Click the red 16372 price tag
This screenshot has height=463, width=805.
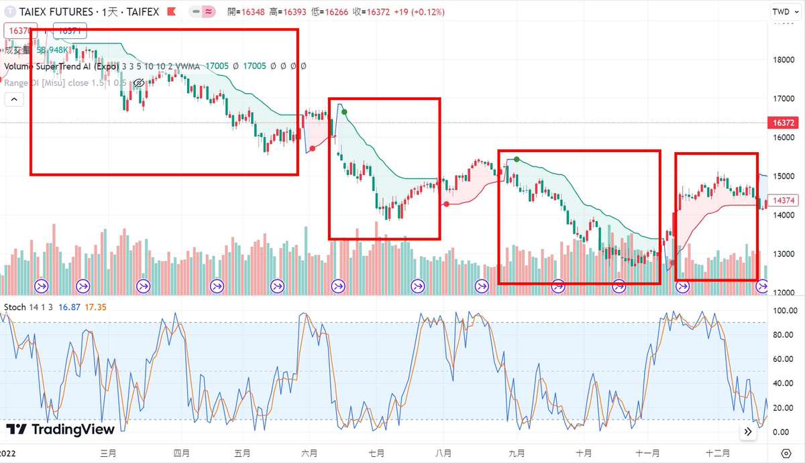point(783,123)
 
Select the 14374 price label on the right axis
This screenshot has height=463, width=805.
point(783,200)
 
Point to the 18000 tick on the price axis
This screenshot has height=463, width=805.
point(783,60)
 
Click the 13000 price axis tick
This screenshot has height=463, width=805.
point(783,254)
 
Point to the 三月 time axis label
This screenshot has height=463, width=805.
point(107,453)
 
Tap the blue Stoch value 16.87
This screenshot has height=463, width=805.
point(69,307)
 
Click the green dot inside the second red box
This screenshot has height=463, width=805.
point(344,112)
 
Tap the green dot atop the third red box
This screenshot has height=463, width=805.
point(517,159)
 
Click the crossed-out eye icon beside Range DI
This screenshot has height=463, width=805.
point(139,83)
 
